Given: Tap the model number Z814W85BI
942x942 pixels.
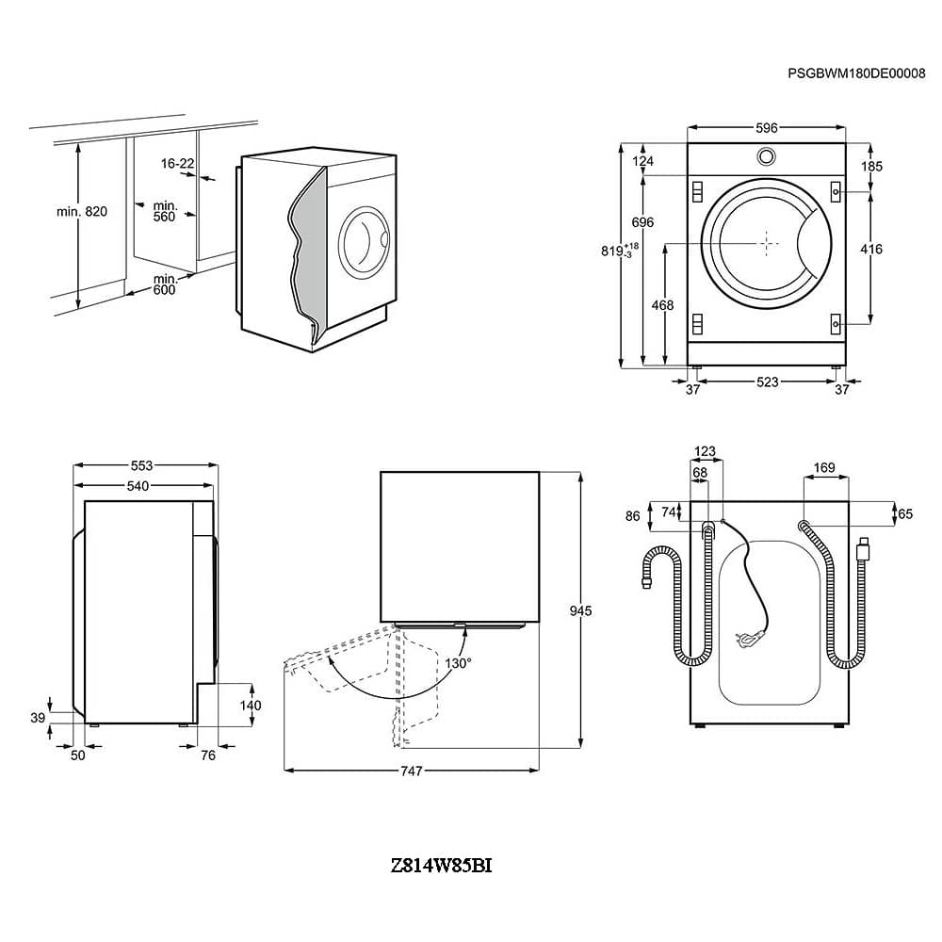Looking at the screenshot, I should (441, 865).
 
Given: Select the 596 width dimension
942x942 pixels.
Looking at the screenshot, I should (766, 128).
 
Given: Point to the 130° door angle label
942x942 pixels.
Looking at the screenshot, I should (460, 662).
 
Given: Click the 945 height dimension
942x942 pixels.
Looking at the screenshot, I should (580, 611).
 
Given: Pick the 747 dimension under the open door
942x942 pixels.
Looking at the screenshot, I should (411, 771).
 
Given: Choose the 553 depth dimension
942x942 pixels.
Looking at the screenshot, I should (141, 465).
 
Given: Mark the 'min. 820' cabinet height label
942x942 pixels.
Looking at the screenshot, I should (82, 211).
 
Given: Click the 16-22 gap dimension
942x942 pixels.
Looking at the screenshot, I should (176, 164).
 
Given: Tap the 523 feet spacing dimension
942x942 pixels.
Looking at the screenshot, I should (768, 382).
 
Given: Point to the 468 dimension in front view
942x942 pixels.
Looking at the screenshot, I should (663, 305).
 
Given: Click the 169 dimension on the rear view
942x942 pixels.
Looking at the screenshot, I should (824, 466).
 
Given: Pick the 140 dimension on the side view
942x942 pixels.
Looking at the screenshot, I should (250, 705).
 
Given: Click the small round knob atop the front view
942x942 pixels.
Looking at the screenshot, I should (766, 156).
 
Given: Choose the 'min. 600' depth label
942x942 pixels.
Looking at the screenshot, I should (165, 284).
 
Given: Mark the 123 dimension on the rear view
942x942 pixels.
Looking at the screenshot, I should (705, 452).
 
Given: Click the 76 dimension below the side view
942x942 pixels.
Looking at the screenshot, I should (208, 755).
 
